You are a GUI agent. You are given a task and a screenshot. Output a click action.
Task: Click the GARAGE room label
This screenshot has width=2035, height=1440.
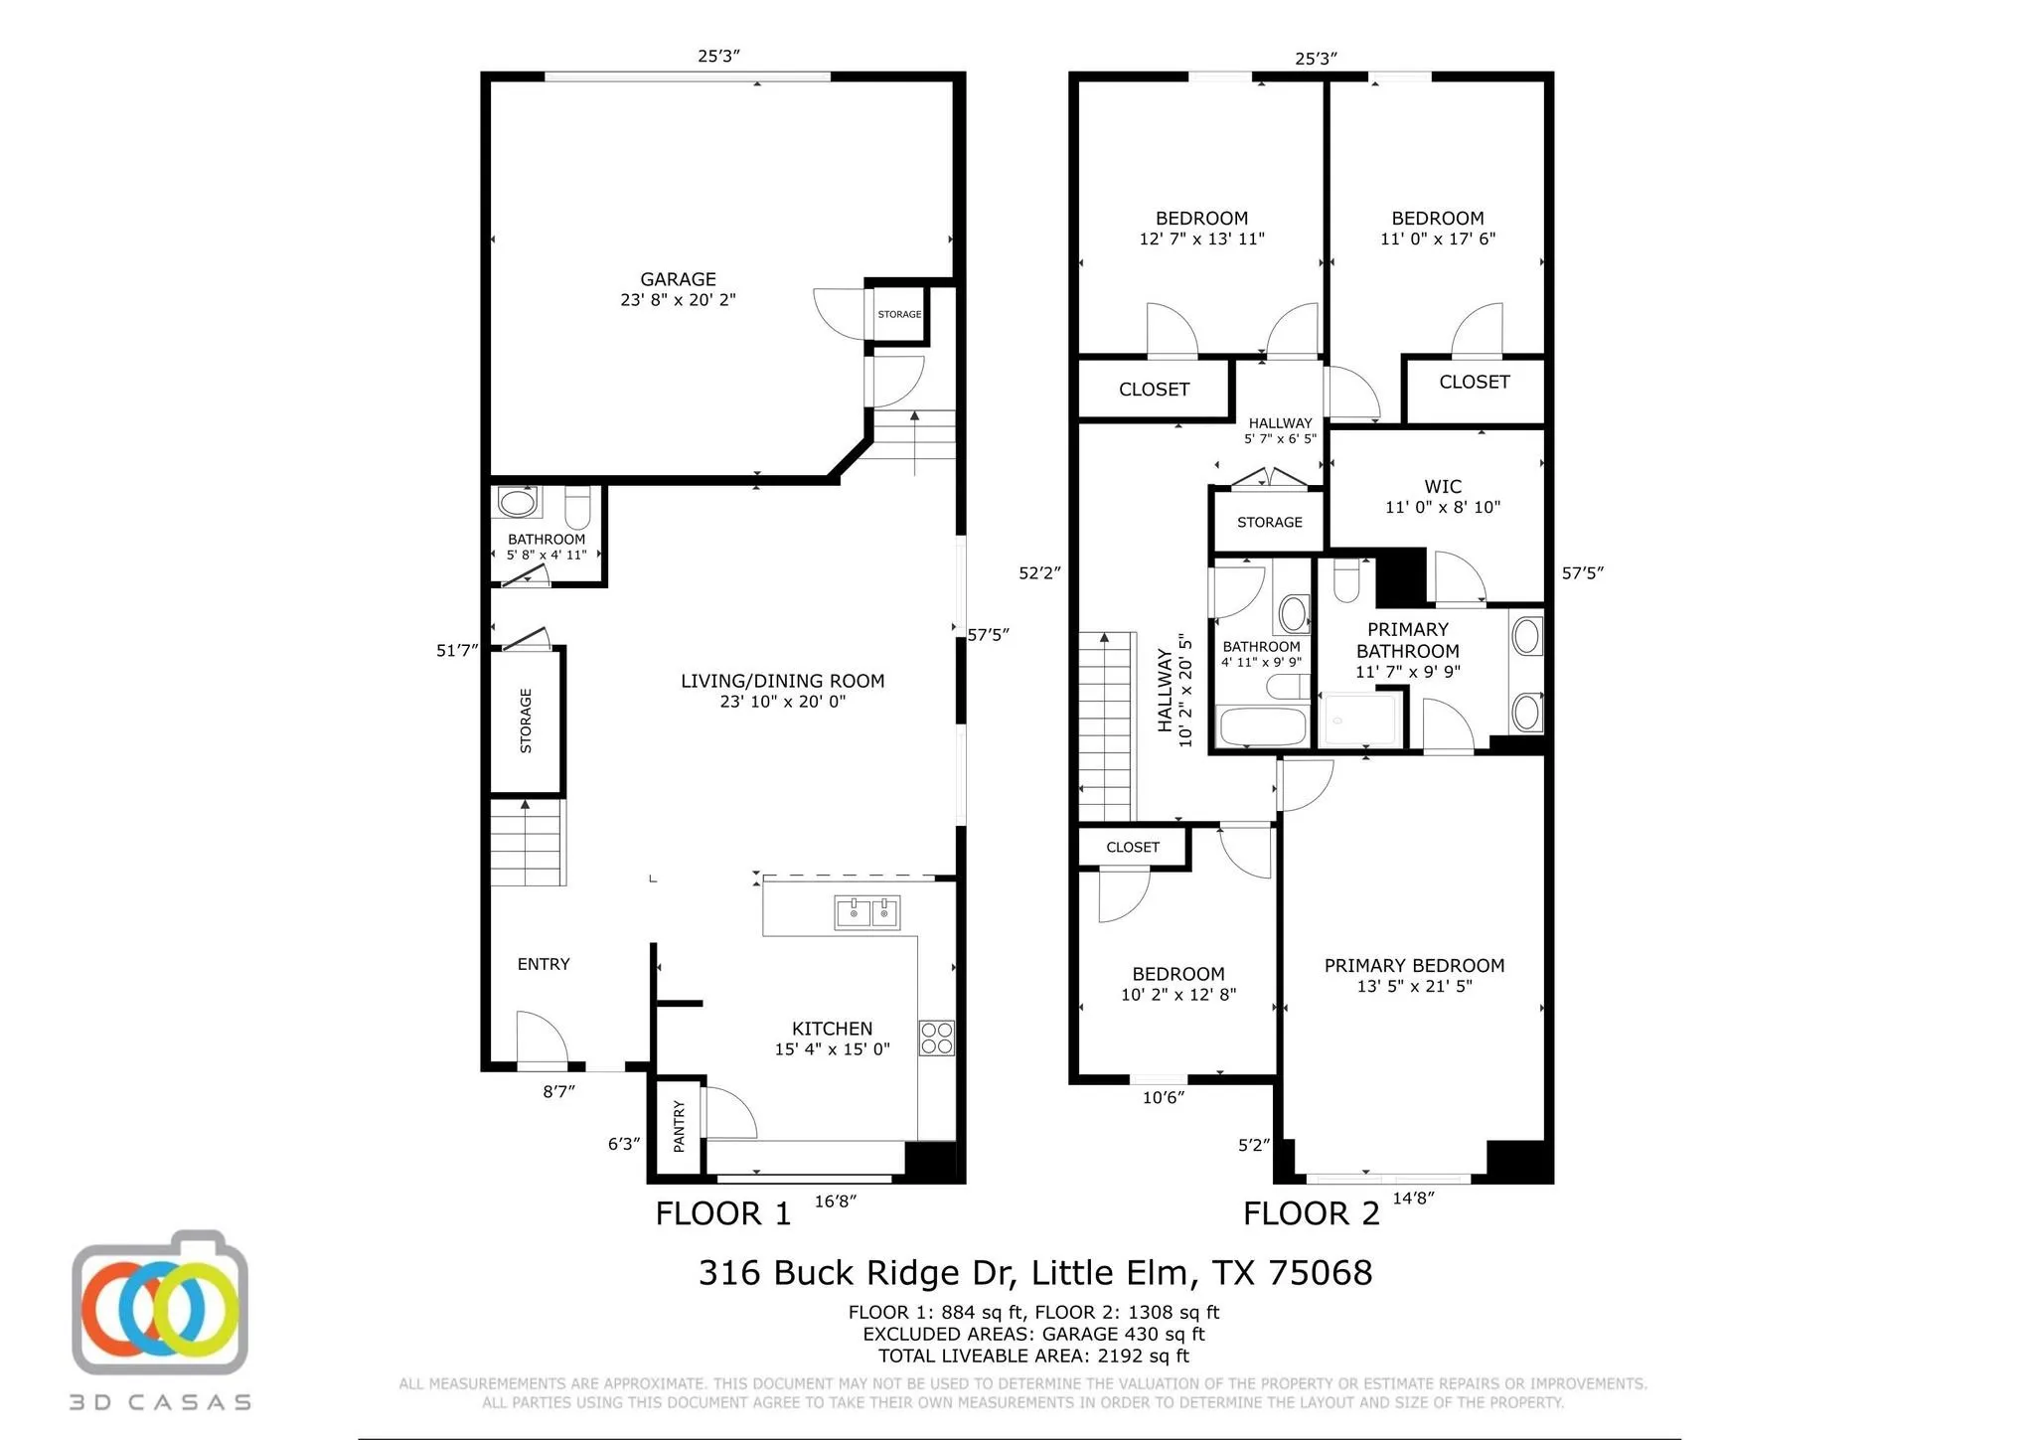[678, 280]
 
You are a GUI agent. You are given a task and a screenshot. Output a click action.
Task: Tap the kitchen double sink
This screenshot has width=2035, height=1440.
[866, 912]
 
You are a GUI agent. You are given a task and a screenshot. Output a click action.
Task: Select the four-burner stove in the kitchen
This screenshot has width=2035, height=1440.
[936, 1038]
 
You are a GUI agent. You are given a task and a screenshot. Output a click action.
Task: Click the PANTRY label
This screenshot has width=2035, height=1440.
[679, 1126]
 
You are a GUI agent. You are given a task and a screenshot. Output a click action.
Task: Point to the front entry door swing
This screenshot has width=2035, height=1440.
[541, 1038]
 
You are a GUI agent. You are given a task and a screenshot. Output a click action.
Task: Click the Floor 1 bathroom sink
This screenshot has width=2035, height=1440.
[517, 502]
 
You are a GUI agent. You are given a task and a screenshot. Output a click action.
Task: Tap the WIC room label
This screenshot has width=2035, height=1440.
[1443, 487]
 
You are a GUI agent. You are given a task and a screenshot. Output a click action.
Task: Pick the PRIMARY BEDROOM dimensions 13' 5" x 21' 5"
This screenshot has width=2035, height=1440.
[1414, 987]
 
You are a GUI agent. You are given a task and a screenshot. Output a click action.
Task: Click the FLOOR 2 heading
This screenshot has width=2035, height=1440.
[1311, 1213]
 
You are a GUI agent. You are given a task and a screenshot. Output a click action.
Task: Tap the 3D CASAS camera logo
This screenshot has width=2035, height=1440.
[160, 1305]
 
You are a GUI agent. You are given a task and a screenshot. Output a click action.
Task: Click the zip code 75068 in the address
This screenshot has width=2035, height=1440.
[1320, 1273]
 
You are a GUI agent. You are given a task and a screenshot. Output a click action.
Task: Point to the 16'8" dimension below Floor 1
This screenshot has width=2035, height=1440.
[835, 1201]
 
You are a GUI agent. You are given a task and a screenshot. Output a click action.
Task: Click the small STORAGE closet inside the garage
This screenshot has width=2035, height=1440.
[898, 315]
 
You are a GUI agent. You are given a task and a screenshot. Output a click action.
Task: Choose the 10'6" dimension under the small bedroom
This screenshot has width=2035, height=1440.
[1163, 1098]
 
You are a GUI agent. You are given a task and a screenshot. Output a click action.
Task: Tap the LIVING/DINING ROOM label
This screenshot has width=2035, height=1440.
[782, 682]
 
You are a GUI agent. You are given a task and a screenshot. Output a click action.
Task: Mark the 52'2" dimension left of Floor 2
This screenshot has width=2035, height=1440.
[1039, 573]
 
